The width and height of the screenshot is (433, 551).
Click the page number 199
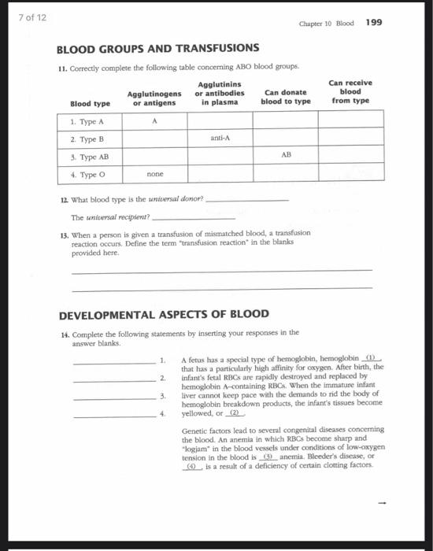(374, 22)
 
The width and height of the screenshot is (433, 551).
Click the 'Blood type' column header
(90, 102)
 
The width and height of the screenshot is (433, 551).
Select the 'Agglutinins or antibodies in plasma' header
(220, 92)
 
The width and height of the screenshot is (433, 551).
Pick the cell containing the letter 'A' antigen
(155, 120)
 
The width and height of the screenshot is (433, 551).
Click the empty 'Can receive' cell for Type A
(350, 120)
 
